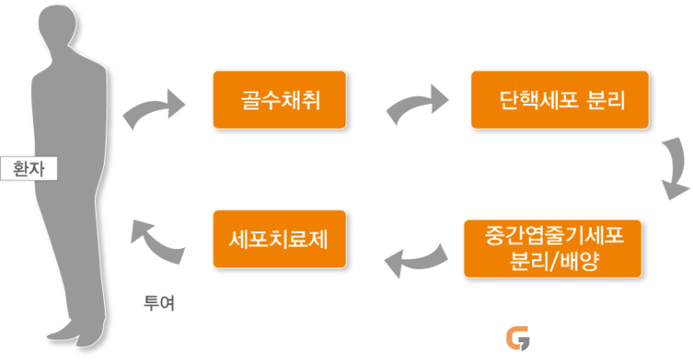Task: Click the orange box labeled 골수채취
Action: [279, 100]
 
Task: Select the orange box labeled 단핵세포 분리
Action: [560, 100]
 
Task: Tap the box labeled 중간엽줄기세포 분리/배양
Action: [553, 249]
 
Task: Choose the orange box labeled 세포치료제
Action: [279, 239]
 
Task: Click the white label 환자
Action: [28, 169]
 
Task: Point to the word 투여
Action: [159, 303]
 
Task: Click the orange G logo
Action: [518, 339]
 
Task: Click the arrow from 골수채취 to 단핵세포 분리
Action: [416, 104]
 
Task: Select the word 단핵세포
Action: [538, 100]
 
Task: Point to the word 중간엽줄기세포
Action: [554, 236]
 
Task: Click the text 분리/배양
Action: [554, 261]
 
